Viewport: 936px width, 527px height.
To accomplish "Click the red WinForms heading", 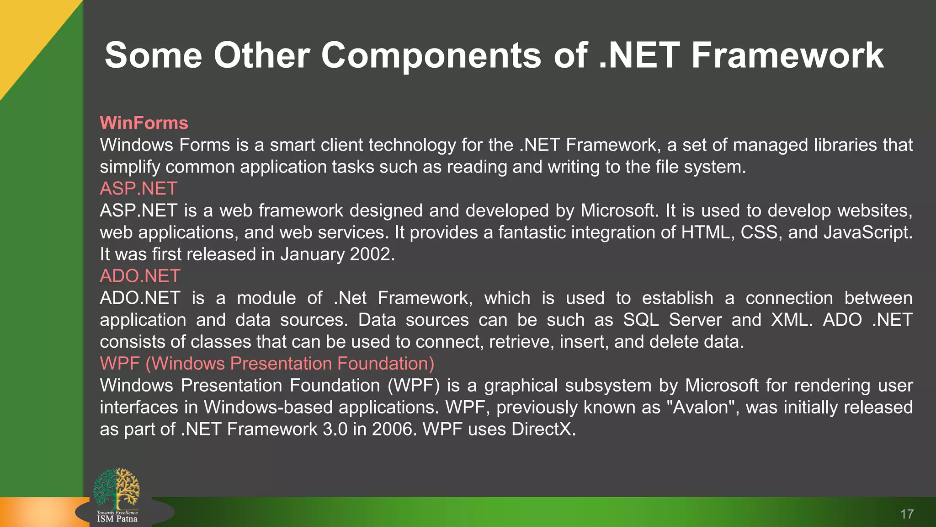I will pos(144,123).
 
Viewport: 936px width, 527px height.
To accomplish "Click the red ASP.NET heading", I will pos(138,188).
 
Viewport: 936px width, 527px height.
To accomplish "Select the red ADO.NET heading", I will pos(140,276).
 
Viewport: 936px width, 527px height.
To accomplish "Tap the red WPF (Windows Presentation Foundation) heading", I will pos(267,363).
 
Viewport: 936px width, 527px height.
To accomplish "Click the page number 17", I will pos(907,514).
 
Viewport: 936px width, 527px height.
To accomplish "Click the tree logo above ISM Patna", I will pos(117,488).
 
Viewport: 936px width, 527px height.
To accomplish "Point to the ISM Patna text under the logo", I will pos(117,519).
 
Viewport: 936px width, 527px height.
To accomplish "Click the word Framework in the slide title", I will pos(787,55).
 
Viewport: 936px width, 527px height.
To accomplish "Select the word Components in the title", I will pos(431,55).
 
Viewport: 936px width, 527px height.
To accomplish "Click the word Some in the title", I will pos(153,55).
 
